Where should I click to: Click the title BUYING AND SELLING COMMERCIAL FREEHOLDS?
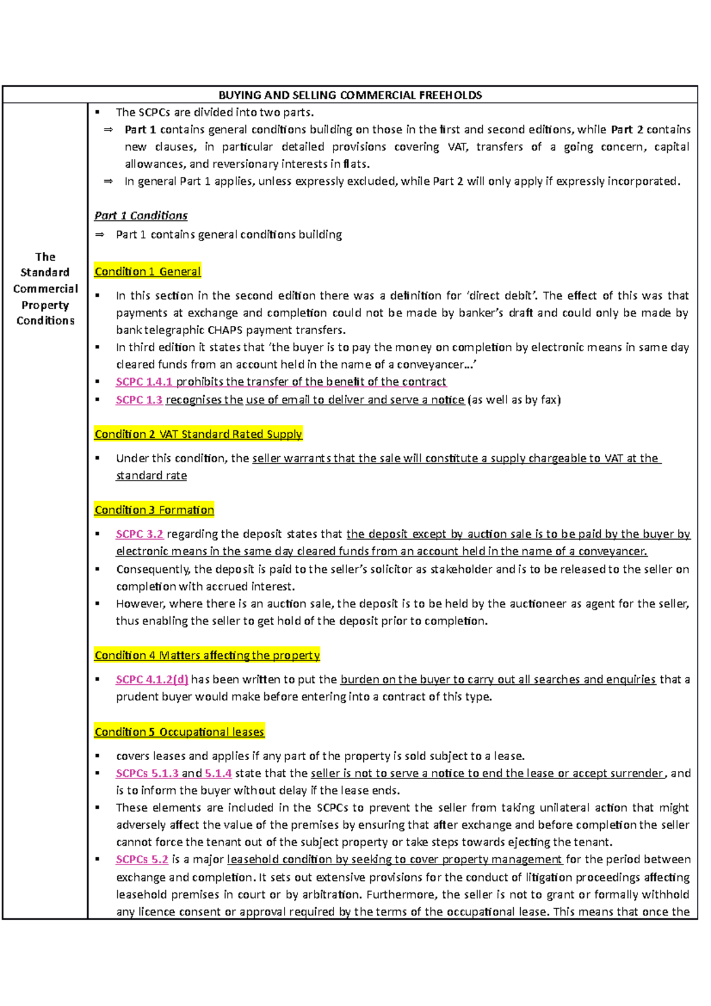350,95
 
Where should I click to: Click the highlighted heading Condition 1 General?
148,271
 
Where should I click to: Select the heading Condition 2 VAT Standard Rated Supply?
198,434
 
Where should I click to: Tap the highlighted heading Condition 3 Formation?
154,510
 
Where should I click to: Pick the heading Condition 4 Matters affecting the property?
207,655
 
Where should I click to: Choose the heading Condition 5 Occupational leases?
179,732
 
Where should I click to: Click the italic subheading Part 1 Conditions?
141,216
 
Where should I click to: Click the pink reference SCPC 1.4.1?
144,382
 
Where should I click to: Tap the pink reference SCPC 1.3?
139,400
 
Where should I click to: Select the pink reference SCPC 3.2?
139,534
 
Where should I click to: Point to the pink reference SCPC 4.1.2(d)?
152,680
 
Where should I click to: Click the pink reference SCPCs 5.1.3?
147,773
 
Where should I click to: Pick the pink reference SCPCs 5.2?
142,860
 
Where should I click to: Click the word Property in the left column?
45,305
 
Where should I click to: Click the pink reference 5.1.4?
218,773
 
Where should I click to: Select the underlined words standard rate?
151,476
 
